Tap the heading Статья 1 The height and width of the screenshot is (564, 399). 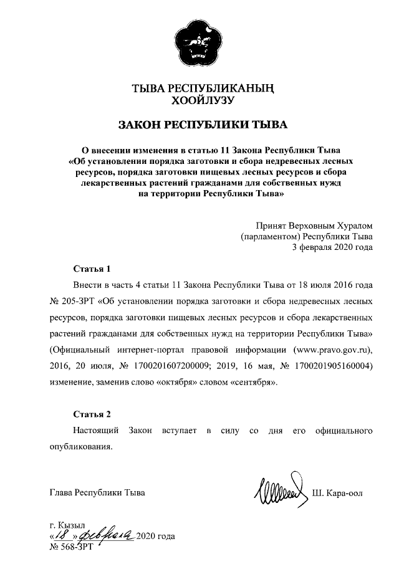[x=92, y=269]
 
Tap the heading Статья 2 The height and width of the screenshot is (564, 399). [x=92, y=414]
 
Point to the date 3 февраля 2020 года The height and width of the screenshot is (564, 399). [x=333, y=247]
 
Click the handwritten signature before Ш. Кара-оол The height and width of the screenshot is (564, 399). [x=279, y=489]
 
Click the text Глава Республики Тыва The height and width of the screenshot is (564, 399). [x=97, y=494]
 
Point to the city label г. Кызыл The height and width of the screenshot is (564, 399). [x=67, y=525]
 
